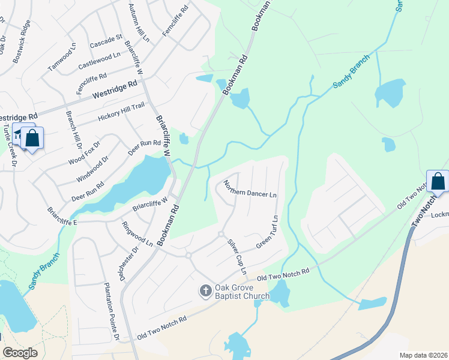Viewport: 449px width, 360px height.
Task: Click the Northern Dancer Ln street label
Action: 250,189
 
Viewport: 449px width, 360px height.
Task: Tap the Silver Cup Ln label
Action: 236,257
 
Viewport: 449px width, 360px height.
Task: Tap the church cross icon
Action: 205,290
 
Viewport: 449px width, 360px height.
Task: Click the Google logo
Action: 20,353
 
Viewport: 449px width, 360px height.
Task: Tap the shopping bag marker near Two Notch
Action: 438,181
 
